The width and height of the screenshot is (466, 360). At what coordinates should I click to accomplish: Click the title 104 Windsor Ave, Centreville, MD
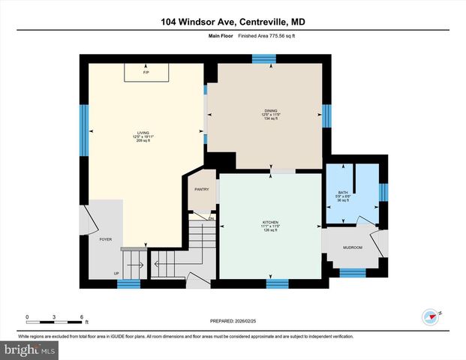click(x=232, y=22)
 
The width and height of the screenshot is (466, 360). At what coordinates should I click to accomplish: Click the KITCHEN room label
click(x=270, y=223)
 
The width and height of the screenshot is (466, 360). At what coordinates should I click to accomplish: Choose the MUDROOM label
click(x=353, y=247)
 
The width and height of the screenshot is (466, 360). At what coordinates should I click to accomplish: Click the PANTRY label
click(x=201, y=190)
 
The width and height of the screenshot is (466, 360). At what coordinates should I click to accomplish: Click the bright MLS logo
click(x=30, y=349)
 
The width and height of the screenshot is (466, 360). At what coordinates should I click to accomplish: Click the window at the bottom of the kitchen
click(x=278, y=283)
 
